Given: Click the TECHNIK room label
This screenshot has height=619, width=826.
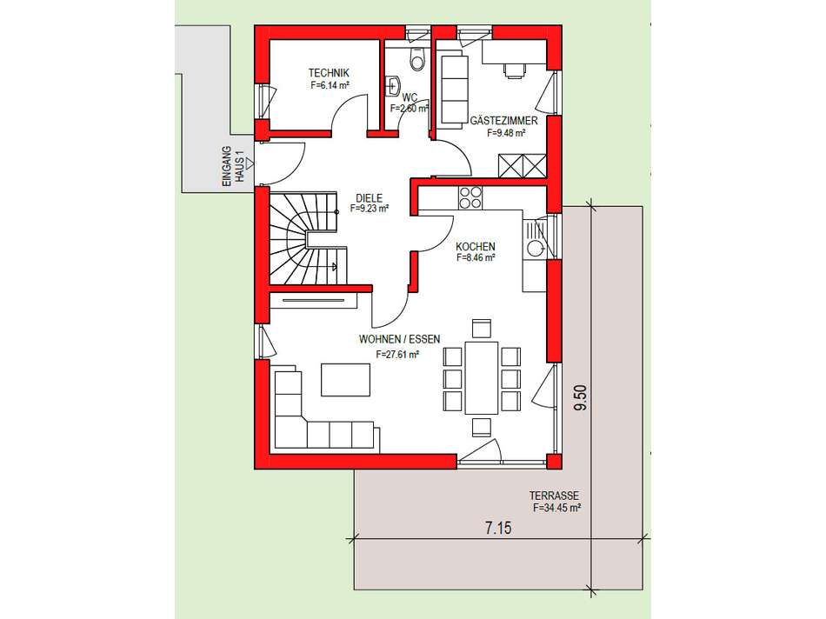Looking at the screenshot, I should tap(329, 73).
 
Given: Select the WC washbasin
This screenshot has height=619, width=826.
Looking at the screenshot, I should tap(393, 85).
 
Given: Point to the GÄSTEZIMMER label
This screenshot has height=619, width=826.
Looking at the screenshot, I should tap(503, 121).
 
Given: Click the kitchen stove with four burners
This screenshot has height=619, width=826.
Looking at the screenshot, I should tap(470, 198).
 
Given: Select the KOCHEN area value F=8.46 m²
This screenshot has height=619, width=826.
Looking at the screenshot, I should tap(476, 258).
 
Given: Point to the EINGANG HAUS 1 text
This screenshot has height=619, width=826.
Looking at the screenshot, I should tap(234, 164).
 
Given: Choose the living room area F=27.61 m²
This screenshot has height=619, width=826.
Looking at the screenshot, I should tap(398, 355).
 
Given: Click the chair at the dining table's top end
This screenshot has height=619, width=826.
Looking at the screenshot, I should tap(481, 328).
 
